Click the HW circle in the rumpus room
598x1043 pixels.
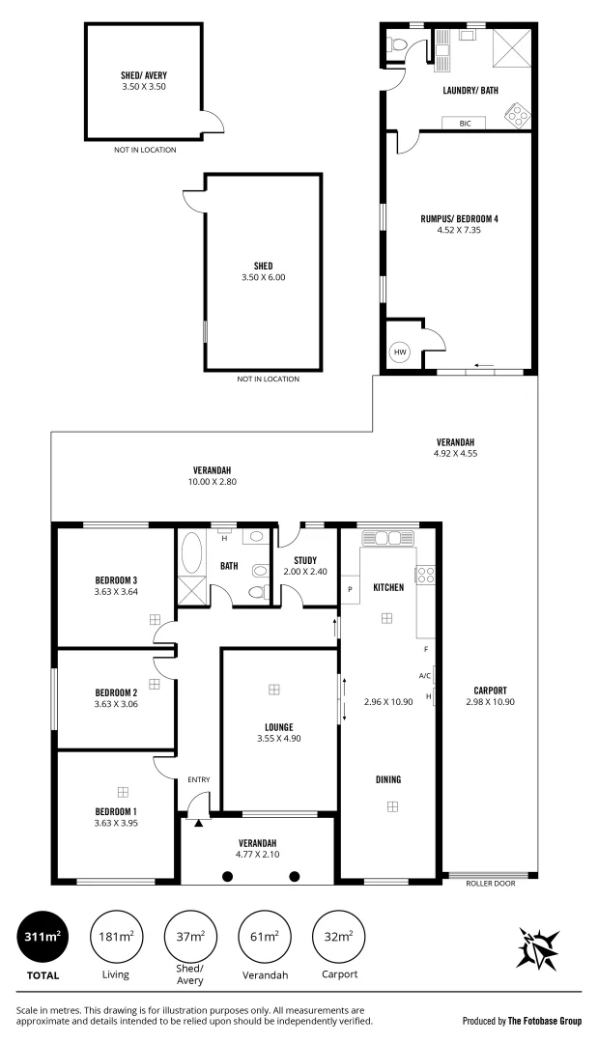400,353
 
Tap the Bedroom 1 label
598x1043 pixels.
116,810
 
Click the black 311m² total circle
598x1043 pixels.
42,936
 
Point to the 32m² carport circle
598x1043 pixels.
337,936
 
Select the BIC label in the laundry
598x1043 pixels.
465,124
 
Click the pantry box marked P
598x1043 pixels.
350,588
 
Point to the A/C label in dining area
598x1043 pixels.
424,675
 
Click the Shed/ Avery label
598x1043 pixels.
145,73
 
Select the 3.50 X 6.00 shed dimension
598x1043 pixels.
263,277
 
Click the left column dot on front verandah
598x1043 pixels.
228,876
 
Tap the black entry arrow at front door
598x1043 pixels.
199,823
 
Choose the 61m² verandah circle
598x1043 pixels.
265,936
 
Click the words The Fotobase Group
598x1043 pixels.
543,1020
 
